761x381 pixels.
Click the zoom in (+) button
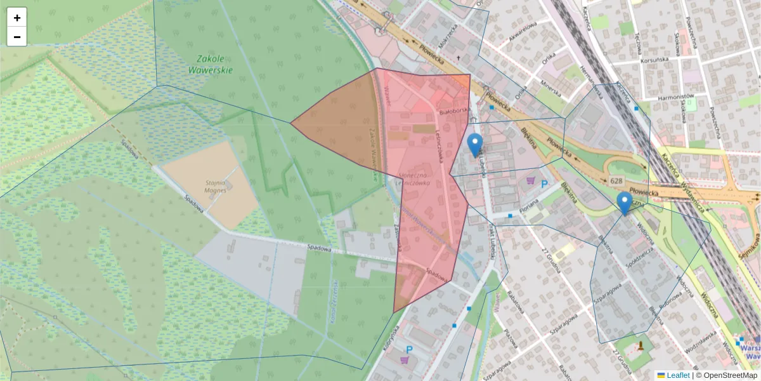click(17, 18)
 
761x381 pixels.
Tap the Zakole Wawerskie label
click(211, 64)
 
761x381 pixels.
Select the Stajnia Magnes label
click(216, 185)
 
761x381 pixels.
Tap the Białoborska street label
click(453, 112)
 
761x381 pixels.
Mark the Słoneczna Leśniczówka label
click(413, 178)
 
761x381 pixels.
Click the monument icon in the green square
click(641, 346)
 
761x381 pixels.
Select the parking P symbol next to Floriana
click(544, 184)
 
